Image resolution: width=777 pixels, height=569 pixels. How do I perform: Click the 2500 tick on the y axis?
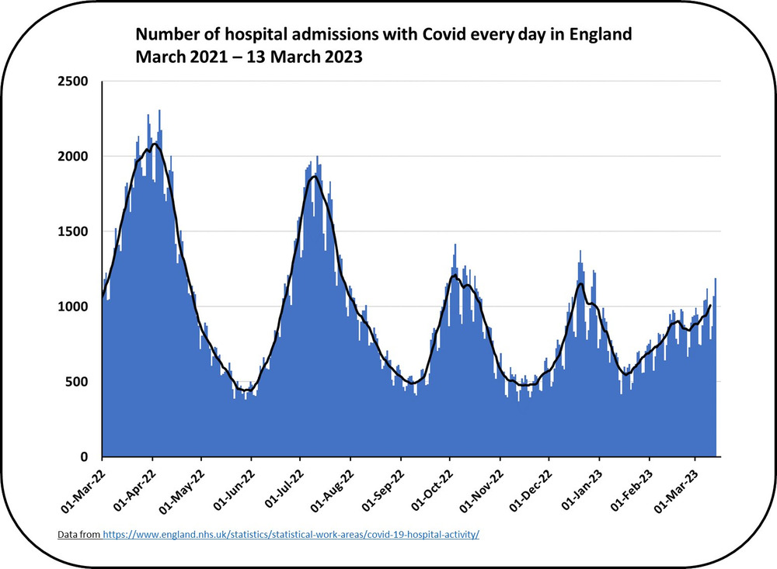73,82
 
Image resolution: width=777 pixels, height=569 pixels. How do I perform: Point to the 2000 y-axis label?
73,157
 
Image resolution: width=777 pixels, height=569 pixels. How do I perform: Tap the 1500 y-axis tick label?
73,232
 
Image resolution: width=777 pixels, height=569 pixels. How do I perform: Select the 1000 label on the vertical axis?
73,307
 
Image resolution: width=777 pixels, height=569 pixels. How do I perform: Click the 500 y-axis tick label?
77,382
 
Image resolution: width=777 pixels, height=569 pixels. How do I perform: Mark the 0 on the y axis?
84,457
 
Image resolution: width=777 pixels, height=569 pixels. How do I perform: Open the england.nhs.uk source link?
291,535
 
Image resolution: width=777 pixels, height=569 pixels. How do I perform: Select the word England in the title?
601,35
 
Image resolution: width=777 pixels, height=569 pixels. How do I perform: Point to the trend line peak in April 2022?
155,144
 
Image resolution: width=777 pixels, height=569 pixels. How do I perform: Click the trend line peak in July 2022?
314,176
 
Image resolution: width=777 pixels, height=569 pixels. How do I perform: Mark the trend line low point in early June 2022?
246,390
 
